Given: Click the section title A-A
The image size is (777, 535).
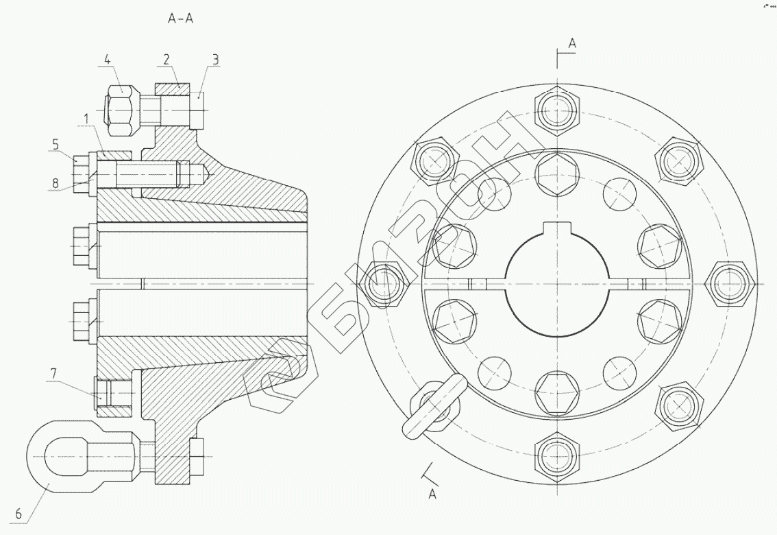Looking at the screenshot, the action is click(181, 19).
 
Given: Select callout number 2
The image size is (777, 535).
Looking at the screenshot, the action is click(166, 60).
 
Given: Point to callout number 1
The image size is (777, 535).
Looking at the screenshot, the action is click(87, 119).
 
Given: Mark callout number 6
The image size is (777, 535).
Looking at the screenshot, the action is click(18, 512).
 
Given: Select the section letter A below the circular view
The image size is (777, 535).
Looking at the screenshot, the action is click(432, 493).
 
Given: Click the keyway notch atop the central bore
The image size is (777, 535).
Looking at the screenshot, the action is click(558, 230).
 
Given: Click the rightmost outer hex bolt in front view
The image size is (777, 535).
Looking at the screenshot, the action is click(729, 283).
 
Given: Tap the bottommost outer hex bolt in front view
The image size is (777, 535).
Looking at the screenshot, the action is click(558, 455).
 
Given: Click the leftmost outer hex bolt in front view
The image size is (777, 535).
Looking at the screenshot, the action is click(386, 283).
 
